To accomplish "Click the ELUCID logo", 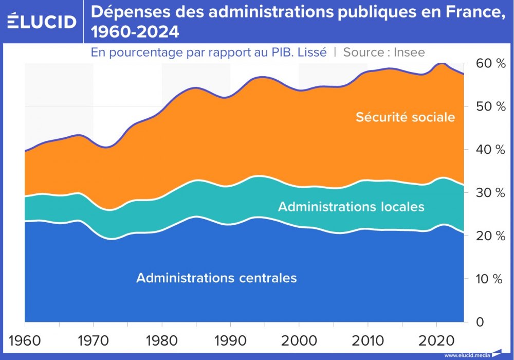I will [x=42, y=22].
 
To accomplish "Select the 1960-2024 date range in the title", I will [x=135, y=32].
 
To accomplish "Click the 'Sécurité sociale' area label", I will [x=405, y=117].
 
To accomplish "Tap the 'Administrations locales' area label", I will [x=351, y=207].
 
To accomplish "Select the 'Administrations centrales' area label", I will [x=216, y=278].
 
